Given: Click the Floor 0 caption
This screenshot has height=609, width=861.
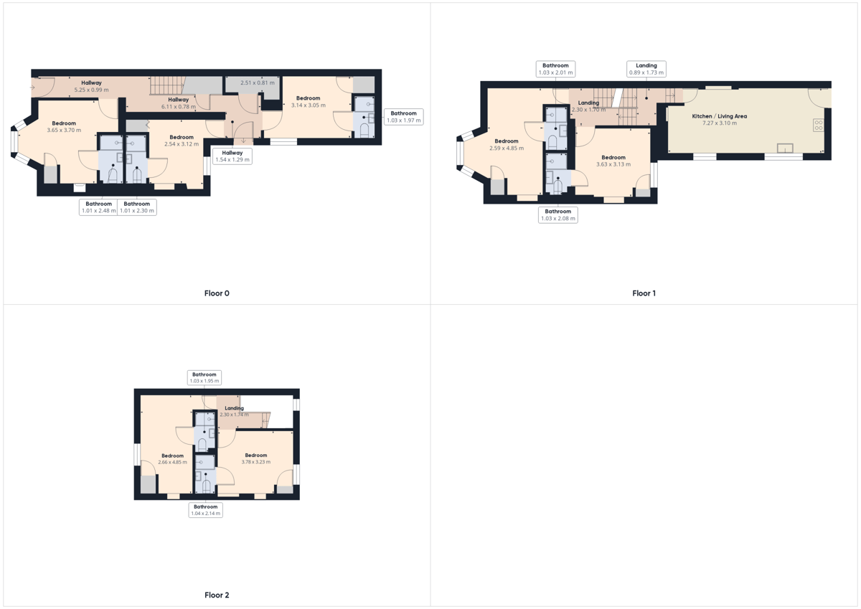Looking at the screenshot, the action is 217,293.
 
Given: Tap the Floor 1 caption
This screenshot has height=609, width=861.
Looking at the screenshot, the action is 644,293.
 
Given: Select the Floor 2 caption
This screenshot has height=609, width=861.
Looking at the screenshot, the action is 217,595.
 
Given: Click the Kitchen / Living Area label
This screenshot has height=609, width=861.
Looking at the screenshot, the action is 720,116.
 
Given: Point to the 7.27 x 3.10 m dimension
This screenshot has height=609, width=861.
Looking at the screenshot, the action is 720,123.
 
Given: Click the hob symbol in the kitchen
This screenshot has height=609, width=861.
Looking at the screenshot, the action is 819,126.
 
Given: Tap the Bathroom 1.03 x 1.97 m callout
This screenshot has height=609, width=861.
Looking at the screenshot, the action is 403,117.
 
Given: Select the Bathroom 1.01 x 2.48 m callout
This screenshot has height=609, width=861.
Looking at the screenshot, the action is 98,207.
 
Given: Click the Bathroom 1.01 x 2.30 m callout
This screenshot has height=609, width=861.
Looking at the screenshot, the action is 137,207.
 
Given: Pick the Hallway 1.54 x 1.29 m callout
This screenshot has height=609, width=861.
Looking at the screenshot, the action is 232,156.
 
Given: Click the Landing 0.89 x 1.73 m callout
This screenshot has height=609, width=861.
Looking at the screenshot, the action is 646,69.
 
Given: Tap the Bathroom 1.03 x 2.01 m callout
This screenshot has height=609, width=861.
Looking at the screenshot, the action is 555,69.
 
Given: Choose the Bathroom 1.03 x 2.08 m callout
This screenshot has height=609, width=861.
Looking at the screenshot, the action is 557,214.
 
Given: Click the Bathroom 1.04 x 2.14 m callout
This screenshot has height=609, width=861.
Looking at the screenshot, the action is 206,510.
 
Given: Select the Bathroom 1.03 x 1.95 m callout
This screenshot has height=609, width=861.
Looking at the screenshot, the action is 204,378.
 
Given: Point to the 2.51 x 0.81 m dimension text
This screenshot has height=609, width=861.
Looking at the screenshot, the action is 258,82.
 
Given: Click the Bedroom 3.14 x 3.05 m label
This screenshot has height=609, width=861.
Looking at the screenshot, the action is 309,102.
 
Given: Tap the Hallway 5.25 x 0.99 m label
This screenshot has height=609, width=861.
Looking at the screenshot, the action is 92,87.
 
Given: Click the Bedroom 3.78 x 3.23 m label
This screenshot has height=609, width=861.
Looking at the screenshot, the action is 256,458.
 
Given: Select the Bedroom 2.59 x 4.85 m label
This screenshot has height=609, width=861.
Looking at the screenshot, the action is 507,144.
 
